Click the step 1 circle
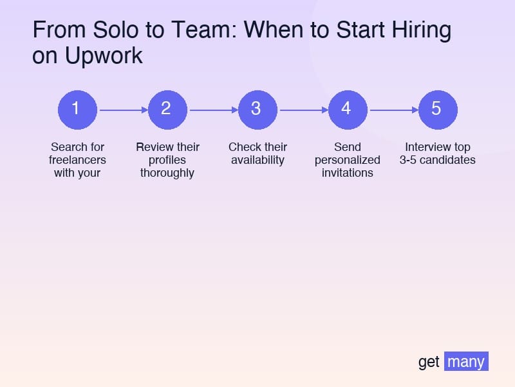[77, 109]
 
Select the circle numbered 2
[167, 109]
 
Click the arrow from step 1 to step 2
[122, 110]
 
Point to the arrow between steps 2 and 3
[212, 110]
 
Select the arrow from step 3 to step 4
[303, 110]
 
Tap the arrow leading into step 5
[393, 110]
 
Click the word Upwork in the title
[104, 56]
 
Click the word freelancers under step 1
[77, 160]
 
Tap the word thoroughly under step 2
[167, 173]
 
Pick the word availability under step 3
[257, 160]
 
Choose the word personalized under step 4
[348, 160]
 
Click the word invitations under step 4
[348, 173]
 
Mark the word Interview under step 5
[425, 147]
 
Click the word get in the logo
[429, 362]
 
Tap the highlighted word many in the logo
[466, 361]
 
